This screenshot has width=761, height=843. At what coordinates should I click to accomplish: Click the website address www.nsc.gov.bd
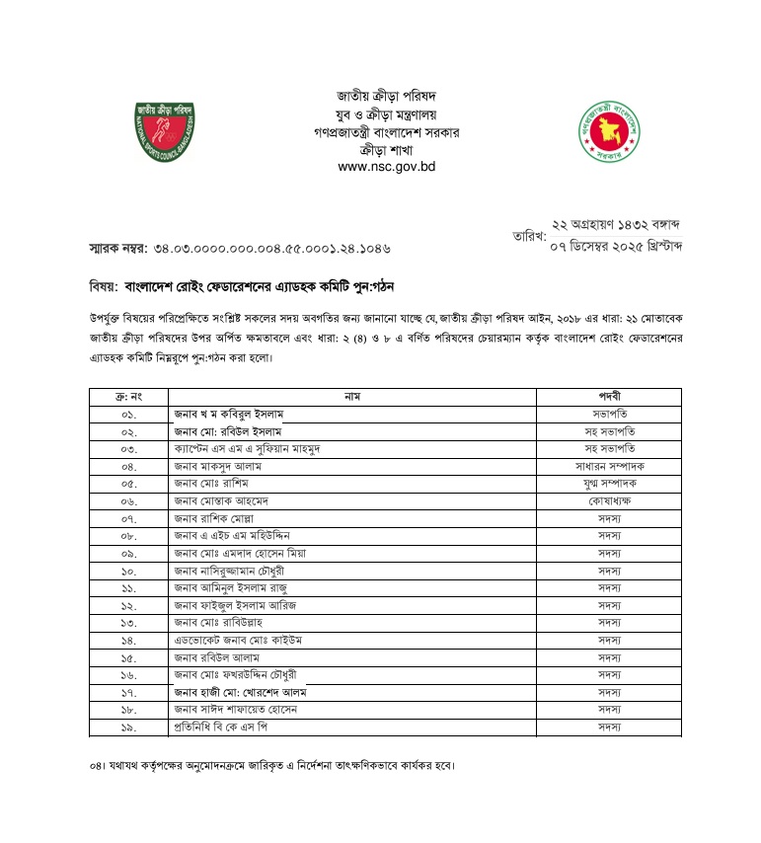[x=386, y=167]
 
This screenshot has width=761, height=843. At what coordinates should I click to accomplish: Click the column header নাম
[x=351, y=396]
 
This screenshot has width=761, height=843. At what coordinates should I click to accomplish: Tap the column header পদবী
[x=608, y=396]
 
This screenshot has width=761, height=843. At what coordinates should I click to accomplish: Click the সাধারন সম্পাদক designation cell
[x=608, y=465]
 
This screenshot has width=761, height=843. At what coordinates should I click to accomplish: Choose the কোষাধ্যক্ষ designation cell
[x=608, y=500]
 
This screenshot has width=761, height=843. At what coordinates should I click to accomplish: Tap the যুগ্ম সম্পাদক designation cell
[x=608, y=483]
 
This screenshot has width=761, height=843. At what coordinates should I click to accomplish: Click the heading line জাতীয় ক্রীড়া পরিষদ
[x=386, y=96]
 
